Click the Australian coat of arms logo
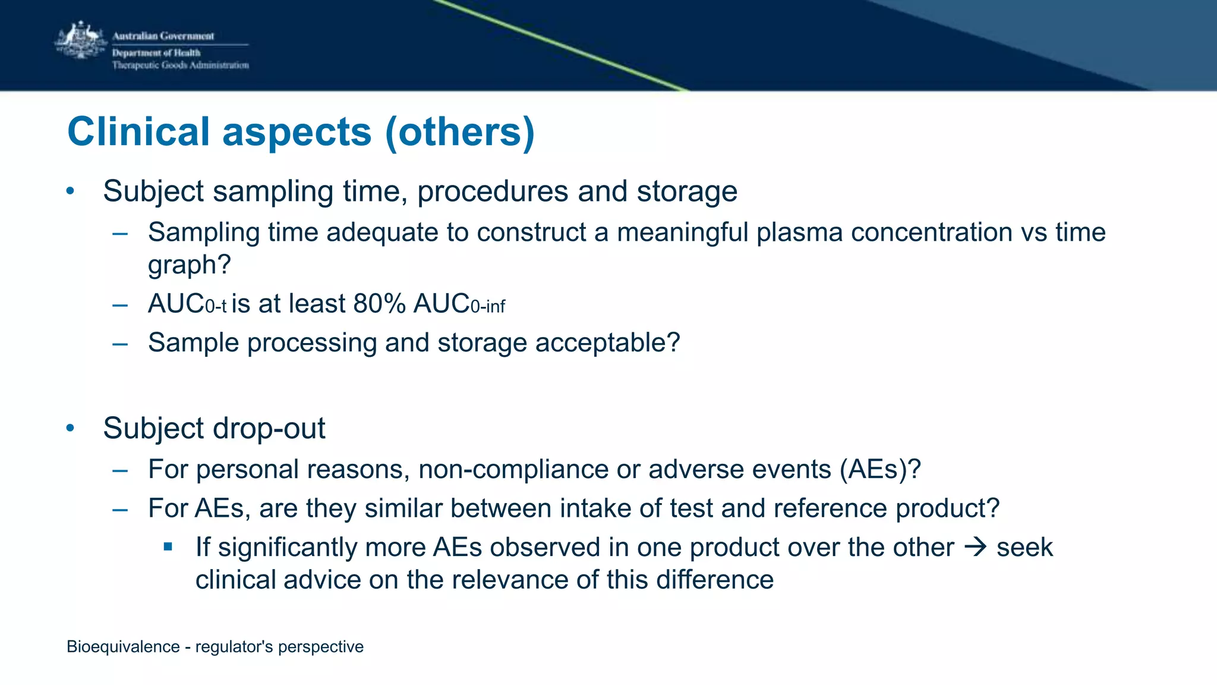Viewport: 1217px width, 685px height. (x=80, y=40)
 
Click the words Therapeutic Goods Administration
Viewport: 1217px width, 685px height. (x=180, y=65)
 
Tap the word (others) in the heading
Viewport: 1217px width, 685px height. (x=460, y=131)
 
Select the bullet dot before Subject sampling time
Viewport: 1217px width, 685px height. (x=70, y=191)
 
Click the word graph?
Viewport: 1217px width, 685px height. (x=189, y=265)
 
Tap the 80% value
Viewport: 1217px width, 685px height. (x=379, y=304)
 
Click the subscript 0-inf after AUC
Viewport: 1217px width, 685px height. (x=487, y=307)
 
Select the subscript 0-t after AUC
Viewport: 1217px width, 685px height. (x=216, y=307)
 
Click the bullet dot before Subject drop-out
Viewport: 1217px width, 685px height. (x=70, y=428)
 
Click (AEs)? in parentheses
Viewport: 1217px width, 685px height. (x=880, y=470)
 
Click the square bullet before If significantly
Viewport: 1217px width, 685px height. (x=168, y=546)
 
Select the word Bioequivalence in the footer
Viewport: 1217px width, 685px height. (x=123, y=647)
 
